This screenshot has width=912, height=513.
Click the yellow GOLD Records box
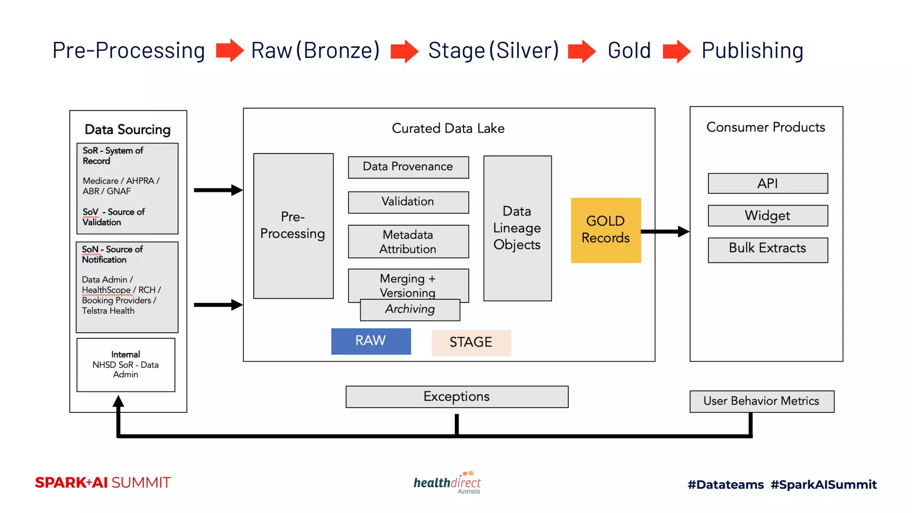(x=606, y=230)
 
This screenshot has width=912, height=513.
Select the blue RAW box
(x=371, y=341)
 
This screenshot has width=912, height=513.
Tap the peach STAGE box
(x=471, y=342)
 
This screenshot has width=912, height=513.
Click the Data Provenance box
(x=408, y=167)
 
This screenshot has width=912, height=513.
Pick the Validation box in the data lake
(x=408, y=202)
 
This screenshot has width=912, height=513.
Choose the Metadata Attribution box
(x=408, y=241)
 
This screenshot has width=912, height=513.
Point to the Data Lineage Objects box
(x=517, y=228)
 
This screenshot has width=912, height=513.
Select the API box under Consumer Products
(x=768, y=183)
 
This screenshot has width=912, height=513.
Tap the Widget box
(x=768, y=216)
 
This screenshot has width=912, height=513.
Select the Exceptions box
(x=457, y=396)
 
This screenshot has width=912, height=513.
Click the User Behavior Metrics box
(x=761, y=401)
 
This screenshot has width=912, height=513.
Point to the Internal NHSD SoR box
(x=126, y=365)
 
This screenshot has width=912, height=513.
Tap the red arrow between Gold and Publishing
(x=676, y=51)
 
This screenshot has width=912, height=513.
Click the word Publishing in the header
(x=753, y=50)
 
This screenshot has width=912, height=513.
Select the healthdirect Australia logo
(x=448, y=483)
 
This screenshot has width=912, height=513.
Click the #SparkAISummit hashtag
(x=824, y=484)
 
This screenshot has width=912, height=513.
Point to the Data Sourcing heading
(x=128, y=130)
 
